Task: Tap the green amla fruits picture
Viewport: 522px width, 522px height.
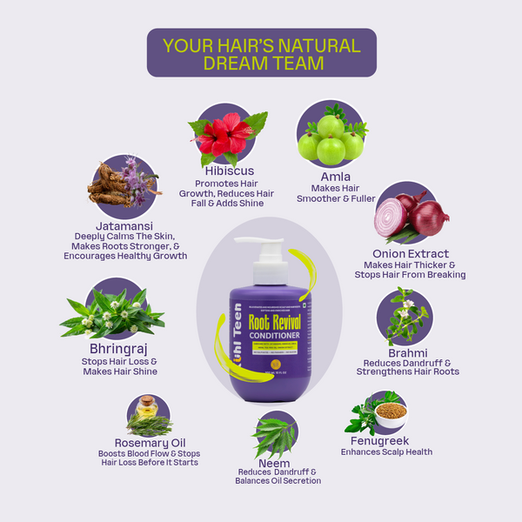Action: [330, 139]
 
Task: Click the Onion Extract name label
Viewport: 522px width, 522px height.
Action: [410, 253]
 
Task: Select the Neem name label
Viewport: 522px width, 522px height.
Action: [276, 462]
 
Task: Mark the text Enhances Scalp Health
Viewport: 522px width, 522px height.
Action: [385, 452]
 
